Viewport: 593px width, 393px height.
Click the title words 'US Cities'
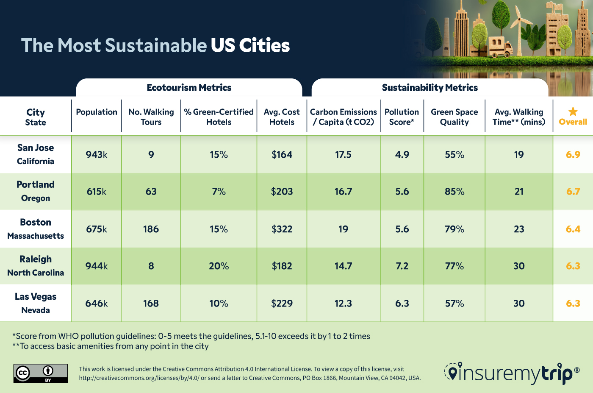coord(250,45)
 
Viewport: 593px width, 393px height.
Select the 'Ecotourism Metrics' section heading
coord(189,88)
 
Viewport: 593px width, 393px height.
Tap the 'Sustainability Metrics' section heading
coord(430,88)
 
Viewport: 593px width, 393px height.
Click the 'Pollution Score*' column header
coord(402,117)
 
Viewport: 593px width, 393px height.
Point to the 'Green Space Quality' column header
coord(454,117)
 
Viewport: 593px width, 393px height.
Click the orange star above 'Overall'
coord(573,111)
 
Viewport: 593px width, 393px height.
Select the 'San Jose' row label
coord(36,148)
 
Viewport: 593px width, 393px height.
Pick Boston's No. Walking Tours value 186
coord(151,229)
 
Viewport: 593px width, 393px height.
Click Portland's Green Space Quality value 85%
coord(454,192)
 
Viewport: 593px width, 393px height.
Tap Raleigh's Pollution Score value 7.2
coord(402,266)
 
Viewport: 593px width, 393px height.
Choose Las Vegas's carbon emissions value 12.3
coord(343,304)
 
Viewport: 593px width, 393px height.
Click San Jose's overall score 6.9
coord(573,155)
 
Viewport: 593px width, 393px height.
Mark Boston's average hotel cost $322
coord(282,229)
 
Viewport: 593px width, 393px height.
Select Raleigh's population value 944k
coord(97,266)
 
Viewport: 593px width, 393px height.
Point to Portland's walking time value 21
coord(519,192)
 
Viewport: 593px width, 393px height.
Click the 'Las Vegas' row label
coord(36,297)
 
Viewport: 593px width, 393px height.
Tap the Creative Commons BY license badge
coord(41,373)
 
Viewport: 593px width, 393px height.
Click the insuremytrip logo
coord(512,373)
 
